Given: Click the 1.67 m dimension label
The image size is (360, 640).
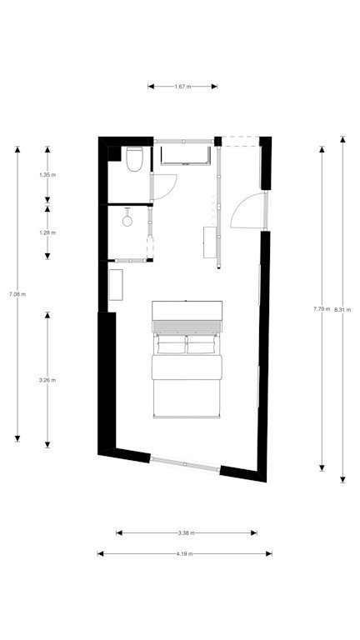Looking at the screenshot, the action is point(182,87).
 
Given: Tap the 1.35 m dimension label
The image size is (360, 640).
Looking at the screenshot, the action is point(47,175).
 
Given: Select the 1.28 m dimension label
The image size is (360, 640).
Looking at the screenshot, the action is point(47,232).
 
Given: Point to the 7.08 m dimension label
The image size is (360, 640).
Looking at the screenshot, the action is point(17,294).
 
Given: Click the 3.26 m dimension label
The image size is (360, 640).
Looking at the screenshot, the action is point(47,380).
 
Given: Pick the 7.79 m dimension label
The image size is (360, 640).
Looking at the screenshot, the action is point(322,309).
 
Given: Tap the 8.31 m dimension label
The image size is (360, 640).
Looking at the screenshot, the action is point(342,310).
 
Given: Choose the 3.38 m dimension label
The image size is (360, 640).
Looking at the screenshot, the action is point(186,532).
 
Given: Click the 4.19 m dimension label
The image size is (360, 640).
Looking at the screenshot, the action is point(184,554).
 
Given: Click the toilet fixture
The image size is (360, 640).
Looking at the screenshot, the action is point(134,159).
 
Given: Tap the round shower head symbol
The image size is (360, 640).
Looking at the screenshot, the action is point(127,221).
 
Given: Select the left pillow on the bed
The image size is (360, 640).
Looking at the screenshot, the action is point(171,345).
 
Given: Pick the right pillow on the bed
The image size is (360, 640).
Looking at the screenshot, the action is point(201,345).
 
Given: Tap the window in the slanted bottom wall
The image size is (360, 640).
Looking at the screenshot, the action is point(185,464).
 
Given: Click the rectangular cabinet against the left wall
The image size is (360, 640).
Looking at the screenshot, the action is point(116,285).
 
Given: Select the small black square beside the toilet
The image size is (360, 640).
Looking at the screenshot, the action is point(114,153).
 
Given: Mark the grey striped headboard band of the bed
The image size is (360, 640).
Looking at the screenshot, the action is point(187,326).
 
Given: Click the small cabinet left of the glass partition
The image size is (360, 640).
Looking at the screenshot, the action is point(209,242).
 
